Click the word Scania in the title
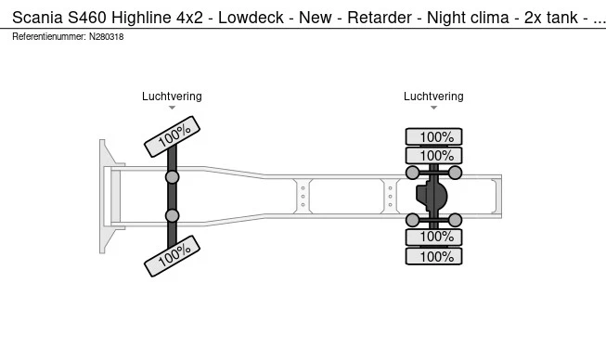coord(37,18)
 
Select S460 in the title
coord(87,18)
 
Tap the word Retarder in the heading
coord(380,18)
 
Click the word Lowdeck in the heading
coord(251,18)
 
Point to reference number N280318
coord(107,37)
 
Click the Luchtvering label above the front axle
coord(172,96)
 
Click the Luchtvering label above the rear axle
coord(433,96)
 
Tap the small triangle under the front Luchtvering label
coord(172,108)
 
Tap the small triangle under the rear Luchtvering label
coord(433,108)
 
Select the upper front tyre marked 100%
coord(172,136)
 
